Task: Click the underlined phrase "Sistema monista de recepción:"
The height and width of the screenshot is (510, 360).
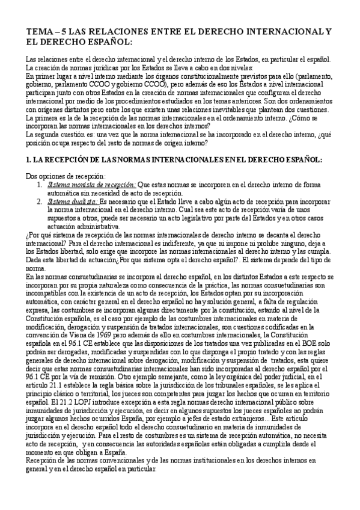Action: click(91, 185)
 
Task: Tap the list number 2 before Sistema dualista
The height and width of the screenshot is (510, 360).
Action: click(39, 204)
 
